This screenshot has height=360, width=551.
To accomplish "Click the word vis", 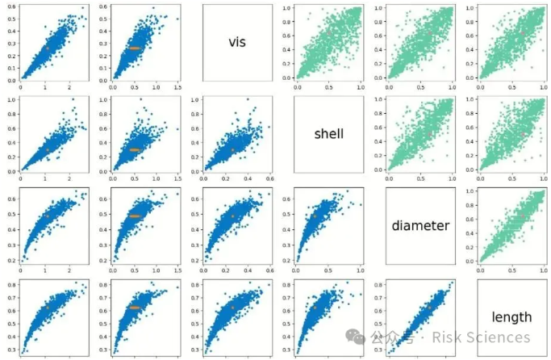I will click(236, 42).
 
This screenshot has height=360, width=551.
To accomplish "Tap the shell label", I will click(328, 134).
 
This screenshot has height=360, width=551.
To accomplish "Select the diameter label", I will click(420, 225).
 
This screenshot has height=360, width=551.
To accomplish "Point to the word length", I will click(511, 316).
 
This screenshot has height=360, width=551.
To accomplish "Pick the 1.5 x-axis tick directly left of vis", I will click(177, 87).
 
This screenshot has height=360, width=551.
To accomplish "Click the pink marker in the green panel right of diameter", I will click(524, 216).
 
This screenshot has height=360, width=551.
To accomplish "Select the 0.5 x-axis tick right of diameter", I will click(511, 270).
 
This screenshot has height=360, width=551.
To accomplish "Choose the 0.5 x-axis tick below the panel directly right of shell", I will click(420, 178).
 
